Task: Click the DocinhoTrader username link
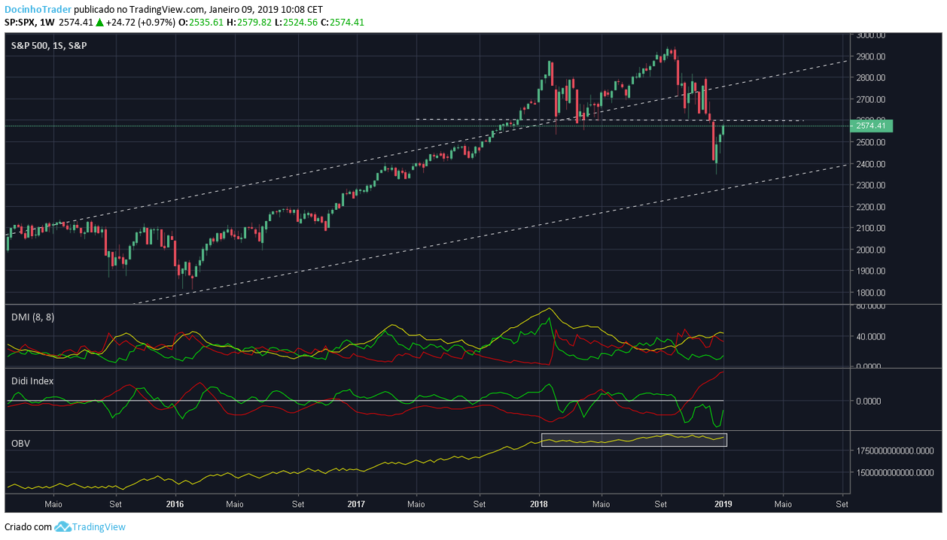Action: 38,9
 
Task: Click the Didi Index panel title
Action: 32,381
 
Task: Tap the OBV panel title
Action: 20,443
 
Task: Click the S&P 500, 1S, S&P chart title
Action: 48,45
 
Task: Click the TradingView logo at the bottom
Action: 91,526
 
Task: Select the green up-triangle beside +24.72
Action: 99,23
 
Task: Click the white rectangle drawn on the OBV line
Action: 634,440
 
